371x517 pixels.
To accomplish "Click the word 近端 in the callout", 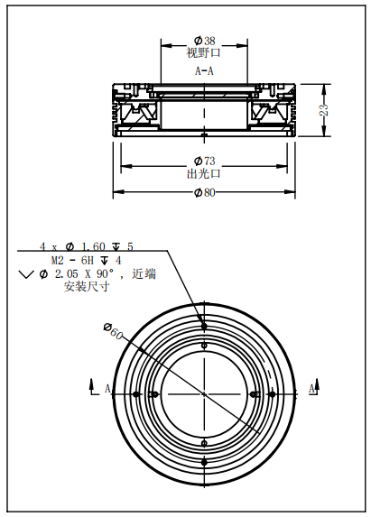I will point(144,273).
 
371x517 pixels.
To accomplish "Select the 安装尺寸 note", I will point(87,287).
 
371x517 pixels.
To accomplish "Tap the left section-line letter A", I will point(107,389).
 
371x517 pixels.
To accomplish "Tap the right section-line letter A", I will point(312,389).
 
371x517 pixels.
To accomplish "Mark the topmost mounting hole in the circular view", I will point(205,326).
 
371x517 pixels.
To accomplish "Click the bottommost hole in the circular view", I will point(205,462).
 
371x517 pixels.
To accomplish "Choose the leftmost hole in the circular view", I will point(135,394).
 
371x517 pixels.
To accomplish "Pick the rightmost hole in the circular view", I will point(274,394).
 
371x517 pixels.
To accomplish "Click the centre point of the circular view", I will point(205,394).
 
